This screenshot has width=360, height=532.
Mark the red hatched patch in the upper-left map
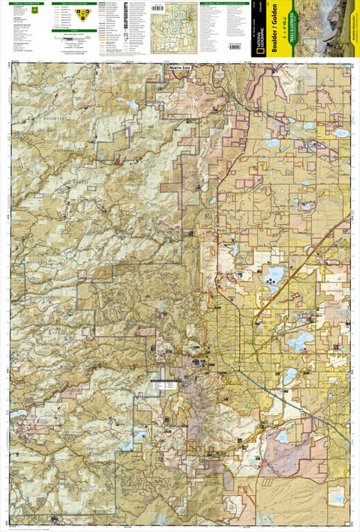pyautogui.click(x=118, y=159)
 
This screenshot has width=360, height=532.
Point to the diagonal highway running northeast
pyautogui.click(x=315, y=247)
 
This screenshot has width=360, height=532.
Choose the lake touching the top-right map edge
pyautogui.click(x=341, y=133)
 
